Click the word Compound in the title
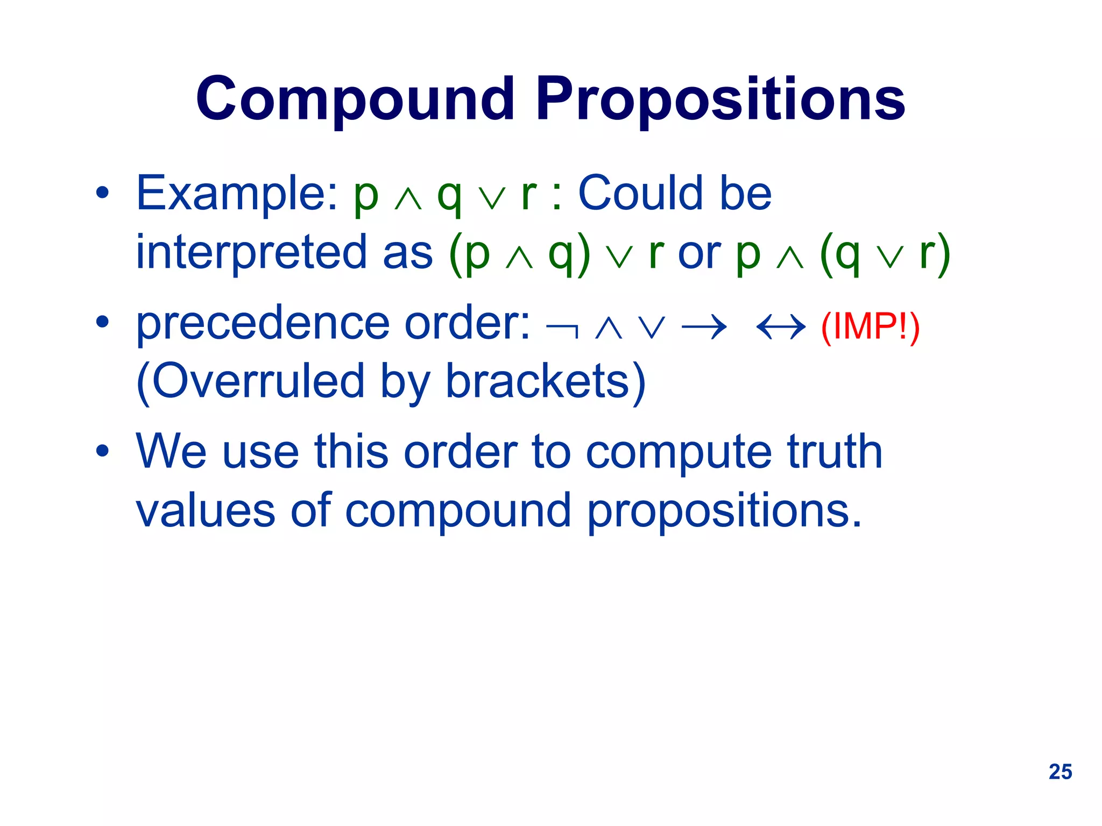[355, 99]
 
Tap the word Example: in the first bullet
[237, 194]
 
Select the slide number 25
[1060, 772]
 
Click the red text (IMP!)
[870, 326]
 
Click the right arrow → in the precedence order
[704, 327]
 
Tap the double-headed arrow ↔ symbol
[781, 327]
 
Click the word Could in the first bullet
[640, 194]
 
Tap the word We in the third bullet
[171, 452]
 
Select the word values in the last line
[206, 511]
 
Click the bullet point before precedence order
[102, 323]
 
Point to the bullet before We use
[102, 452]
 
